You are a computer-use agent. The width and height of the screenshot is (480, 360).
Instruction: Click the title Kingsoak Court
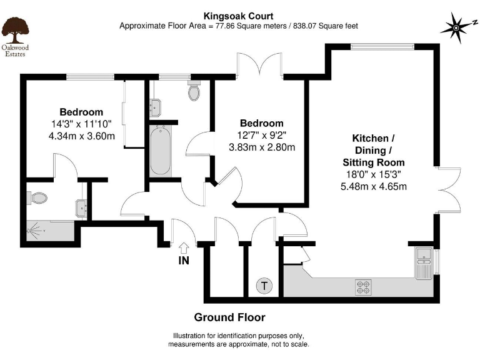click(239, 16)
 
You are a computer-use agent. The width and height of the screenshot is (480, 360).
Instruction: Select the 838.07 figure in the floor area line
click(305, 26)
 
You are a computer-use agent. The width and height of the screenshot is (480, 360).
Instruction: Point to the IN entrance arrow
click(184, 247)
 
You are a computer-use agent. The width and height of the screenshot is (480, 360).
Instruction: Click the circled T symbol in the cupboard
click(264, 286)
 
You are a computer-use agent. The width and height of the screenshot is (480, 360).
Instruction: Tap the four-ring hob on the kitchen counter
click(363, 287)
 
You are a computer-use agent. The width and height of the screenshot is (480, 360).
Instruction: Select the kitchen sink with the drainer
click(424, 263)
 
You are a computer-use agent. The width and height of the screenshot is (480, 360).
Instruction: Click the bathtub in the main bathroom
click(161, 151)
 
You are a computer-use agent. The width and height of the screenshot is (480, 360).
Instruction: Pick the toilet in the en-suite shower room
click(37, 198)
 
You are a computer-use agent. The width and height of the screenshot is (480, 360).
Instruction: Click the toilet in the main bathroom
click(194, 90)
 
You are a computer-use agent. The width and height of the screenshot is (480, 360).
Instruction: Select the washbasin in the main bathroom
click(155, 107)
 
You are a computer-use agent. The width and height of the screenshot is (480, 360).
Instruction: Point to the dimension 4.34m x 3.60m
click(82, 136)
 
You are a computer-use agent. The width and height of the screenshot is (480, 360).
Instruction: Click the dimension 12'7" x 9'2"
click(262, 135)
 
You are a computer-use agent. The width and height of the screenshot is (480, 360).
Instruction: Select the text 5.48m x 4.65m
click(374, 186)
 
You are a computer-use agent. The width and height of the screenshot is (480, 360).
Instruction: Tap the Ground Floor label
click(229, 317)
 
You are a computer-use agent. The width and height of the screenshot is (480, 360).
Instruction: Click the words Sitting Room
click(374, 162)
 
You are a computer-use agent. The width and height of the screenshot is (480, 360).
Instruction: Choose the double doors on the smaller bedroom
click(259, 64)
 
